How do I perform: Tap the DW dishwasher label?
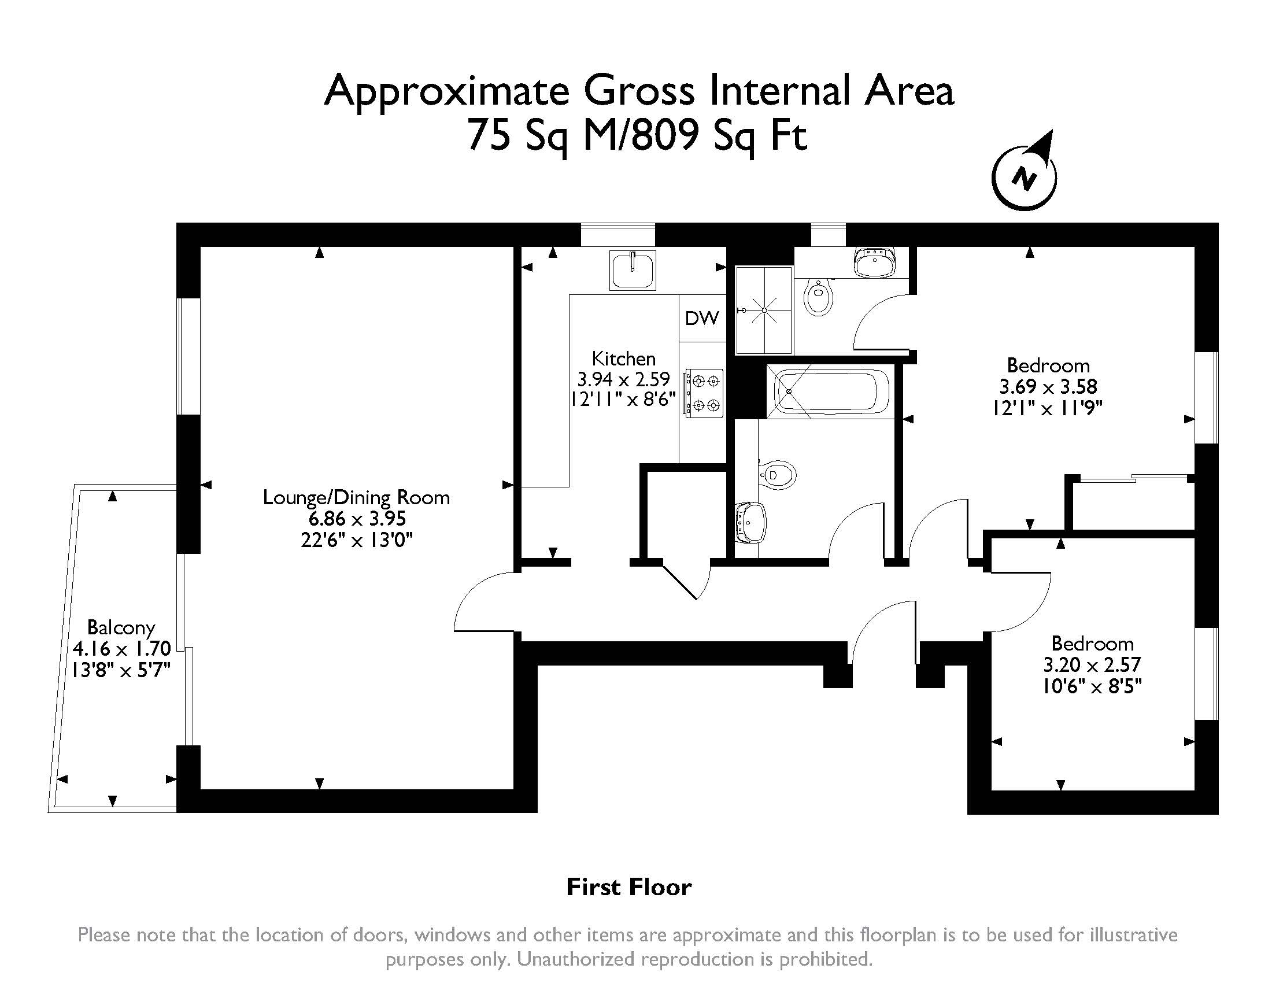pos(702,318)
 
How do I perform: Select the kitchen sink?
pos(633,270)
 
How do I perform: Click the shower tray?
pos(764,310)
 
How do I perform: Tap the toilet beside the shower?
pos(819,297)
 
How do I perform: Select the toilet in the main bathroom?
pos(776,475)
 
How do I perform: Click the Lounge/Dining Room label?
pos(356,497)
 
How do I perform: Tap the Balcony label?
pos(121,627)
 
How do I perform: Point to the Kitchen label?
pos(624,358)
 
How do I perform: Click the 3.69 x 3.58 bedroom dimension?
pos(1048,387)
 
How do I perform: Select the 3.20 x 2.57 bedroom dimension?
pos(1092,664)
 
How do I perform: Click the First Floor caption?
pos(629,887)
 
